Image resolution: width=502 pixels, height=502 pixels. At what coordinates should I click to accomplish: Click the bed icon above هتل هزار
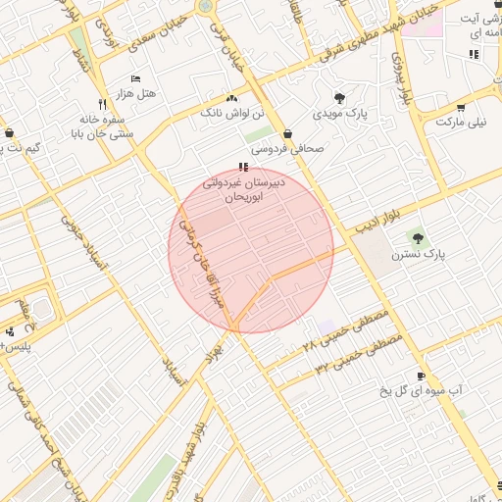pos(135,78)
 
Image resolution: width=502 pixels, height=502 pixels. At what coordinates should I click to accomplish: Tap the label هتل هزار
pos(135,92)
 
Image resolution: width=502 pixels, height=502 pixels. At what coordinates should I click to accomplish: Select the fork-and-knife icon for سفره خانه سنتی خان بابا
pos(102,103)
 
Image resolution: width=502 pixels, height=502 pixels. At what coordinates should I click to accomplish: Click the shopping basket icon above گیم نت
pos(9,132)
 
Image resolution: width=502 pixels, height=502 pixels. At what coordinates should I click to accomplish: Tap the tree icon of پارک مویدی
pos(339,98)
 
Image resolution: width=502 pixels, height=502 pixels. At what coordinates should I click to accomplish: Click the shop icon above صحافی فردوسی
pos(287,134)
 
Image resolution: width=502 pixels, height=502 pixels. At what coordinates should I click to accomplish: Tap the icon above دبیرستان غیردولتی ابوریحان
pos(244,168)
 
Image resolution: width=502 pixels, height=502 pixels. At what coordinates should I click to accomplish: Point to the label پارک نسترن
pos(419,254)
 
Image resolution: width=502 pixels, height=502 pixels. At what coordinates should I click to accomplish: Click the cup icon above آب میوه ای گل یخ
pos(421,376)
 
